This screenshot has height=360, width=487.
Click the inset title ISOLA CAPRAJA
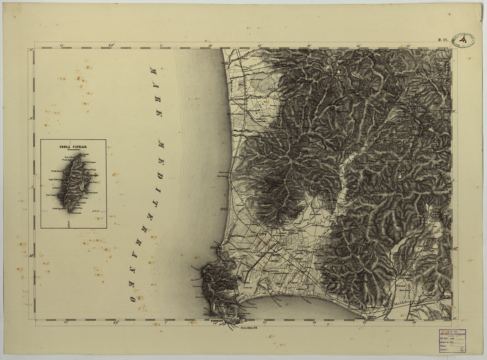[73, 147]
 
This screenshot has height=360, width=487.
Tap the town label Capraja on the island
[93, 176]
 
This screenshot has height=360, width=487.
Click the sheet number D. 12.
[443, 39]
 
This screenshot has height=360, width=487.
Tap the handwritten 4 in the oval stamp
[463, 40]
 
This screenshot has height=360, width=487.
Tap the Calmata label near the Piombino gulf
[247, 288]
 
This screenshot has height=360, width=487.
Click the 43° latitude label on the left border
[31, 255]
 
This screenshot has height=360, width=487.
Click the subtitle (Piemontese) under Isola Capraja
[73, 151]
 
